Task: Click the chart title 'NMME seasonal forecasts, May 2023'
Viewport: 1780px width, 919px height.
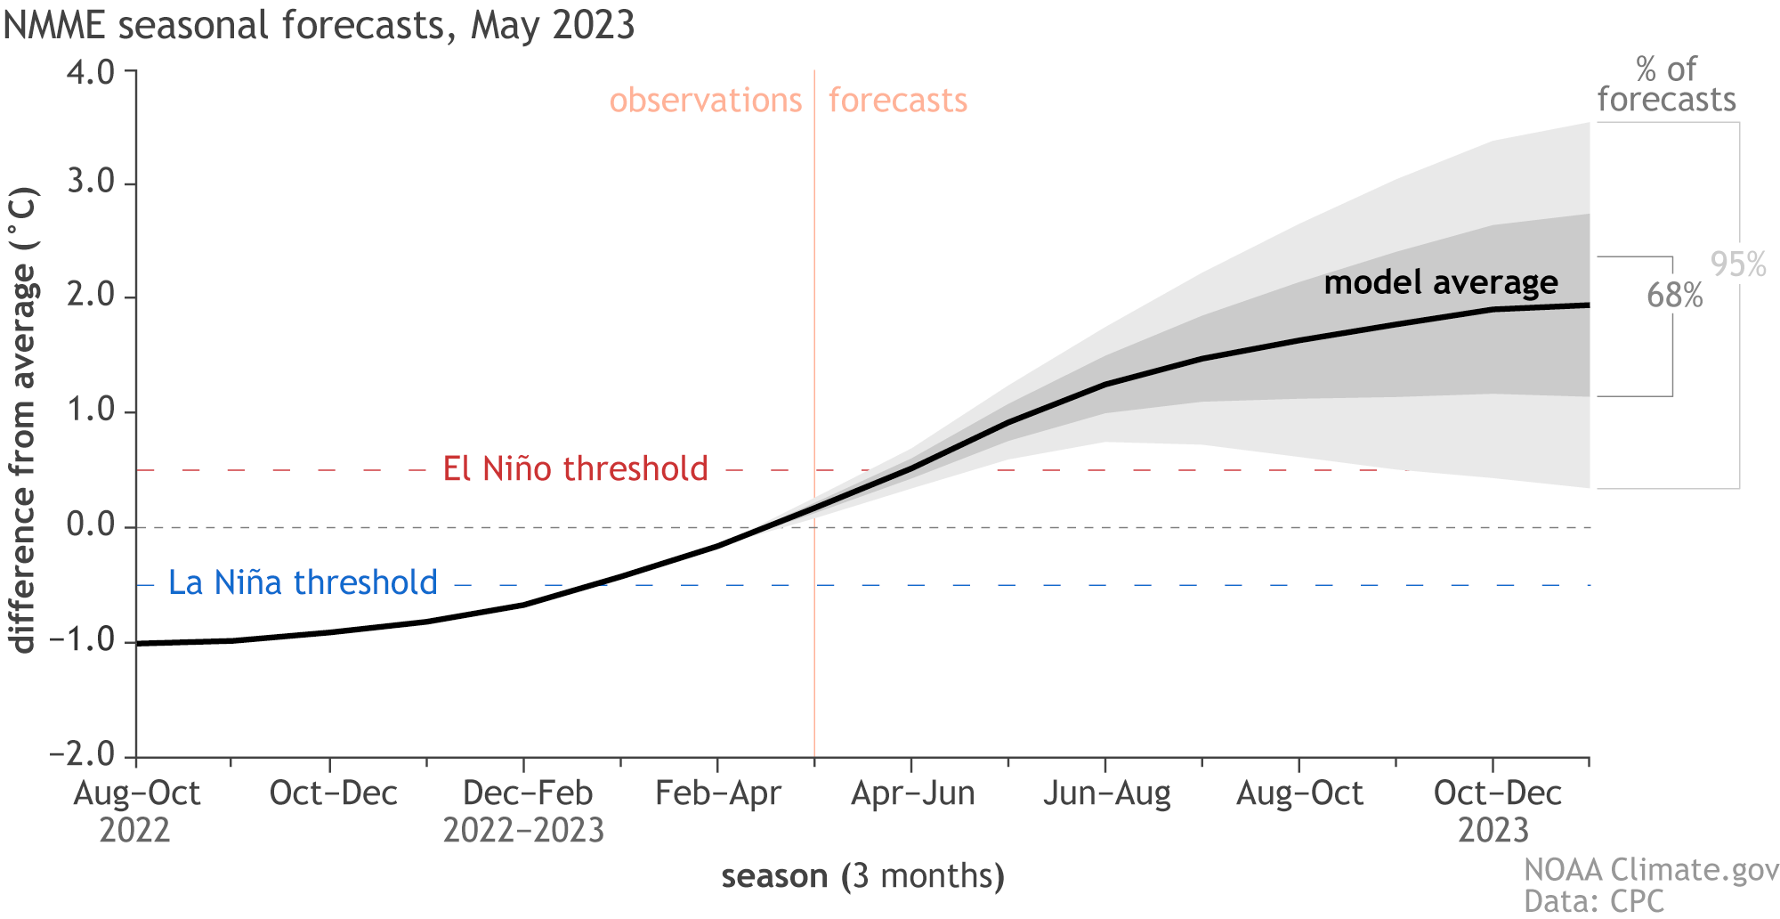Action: (x=319, y=25)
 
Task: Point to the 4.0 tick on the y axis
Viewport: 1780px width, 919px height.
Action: (x=91, y=71)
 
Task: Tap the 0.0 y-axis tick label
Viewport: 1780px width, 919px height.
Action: (x=91, y=526)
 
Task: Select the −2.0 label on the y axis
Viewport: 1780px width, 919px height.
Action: (x=83, y=755)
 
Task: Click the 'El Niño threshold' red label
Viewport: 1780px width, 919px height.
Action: (x=575, y=468)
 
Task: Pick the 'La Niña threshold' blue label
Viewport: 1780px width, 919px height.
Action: (x=303, y=582)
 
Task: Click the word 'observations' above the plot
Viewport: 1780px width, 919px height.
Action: (x=706, y=100)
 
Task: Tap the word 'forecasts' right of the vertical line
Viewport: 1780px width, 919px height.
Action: (x=897, y=100)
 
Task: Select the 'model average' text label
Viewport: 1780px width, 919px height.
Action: (x=1441, y=282)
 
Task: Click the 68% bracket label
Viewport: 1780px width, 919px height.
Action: (x=1674, y=295)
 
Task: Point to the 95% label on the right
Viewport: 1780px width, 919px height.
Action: (x=1737, y=264)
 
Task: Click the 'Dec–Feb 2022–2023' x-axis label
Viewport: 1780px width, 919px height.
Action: (x=523, y=810)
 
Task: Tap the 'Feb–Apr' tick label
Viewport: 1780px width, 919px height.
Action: (x=717, y=793)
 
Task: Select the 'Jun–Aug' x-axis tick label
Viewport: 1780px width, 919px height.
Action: (x=1106, y=793)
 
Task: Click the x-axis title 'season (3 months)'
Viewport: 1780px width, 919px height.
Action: (x=862, y=876)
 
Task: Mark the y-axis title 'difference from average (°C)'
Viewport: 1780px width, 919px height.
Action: (x=24, y=419)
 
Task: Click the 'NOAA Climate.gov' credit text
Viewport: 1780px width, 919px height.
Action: (x=1651, y=869)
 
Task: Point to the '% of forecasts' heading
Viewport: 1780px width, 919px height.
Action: (x=1666, y=85)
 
